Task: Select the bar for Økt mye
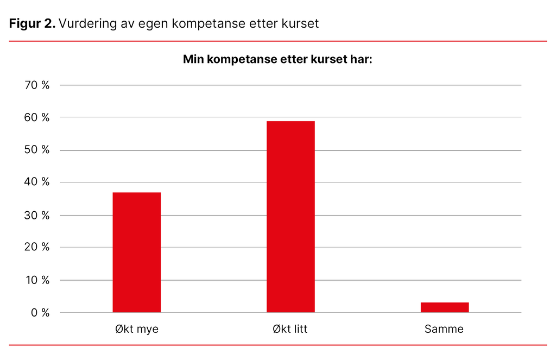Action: point(136,252)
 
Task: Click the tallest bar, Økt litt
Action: point(290,217)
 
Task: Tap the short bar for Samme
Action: point(444,307)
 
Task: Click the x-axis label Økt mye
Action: point(136,329)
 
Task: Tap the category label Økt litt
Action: point(290,329)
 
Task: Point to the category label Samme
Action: point(444,329)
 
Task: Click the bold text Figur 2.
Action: point(32,24)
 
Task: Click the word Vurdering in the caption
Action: point(84,24)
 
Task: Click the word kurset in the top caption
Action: point(302,24)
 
